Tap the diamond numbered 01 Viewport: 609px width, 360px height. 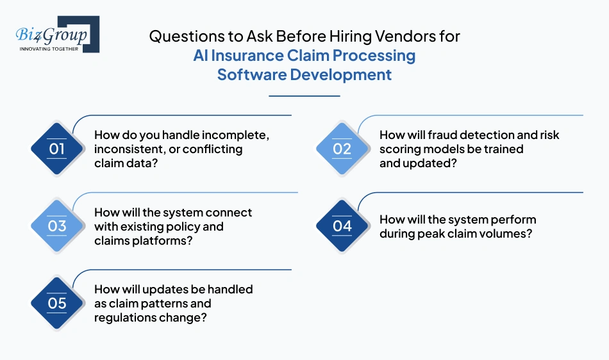click(x=57, y=149)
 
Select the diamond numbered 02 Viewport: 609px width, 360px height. click(x=342, y=149)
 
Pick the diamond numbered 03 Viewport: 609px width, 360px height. click(x=57, y=225)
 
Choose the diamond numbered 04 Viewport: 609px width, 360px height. click(x=342, y=225)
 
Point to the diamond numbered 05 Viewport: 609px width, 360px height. click(x=57, y=302)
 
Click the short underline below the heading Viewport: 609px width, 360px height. click(x=304, y=96)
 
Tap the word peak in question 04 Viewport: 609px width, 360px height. click(x=435, y=234)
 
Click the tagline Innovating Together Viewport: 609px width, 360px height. click(x=49, y=49)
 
